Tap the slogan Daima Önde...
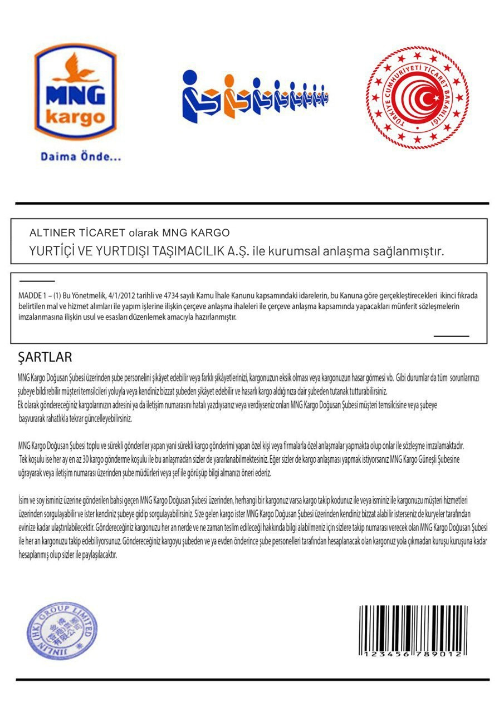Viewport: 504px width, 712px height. click(81, 157)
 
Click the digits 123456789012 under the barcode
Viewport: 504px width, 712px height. click(412, 655)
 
